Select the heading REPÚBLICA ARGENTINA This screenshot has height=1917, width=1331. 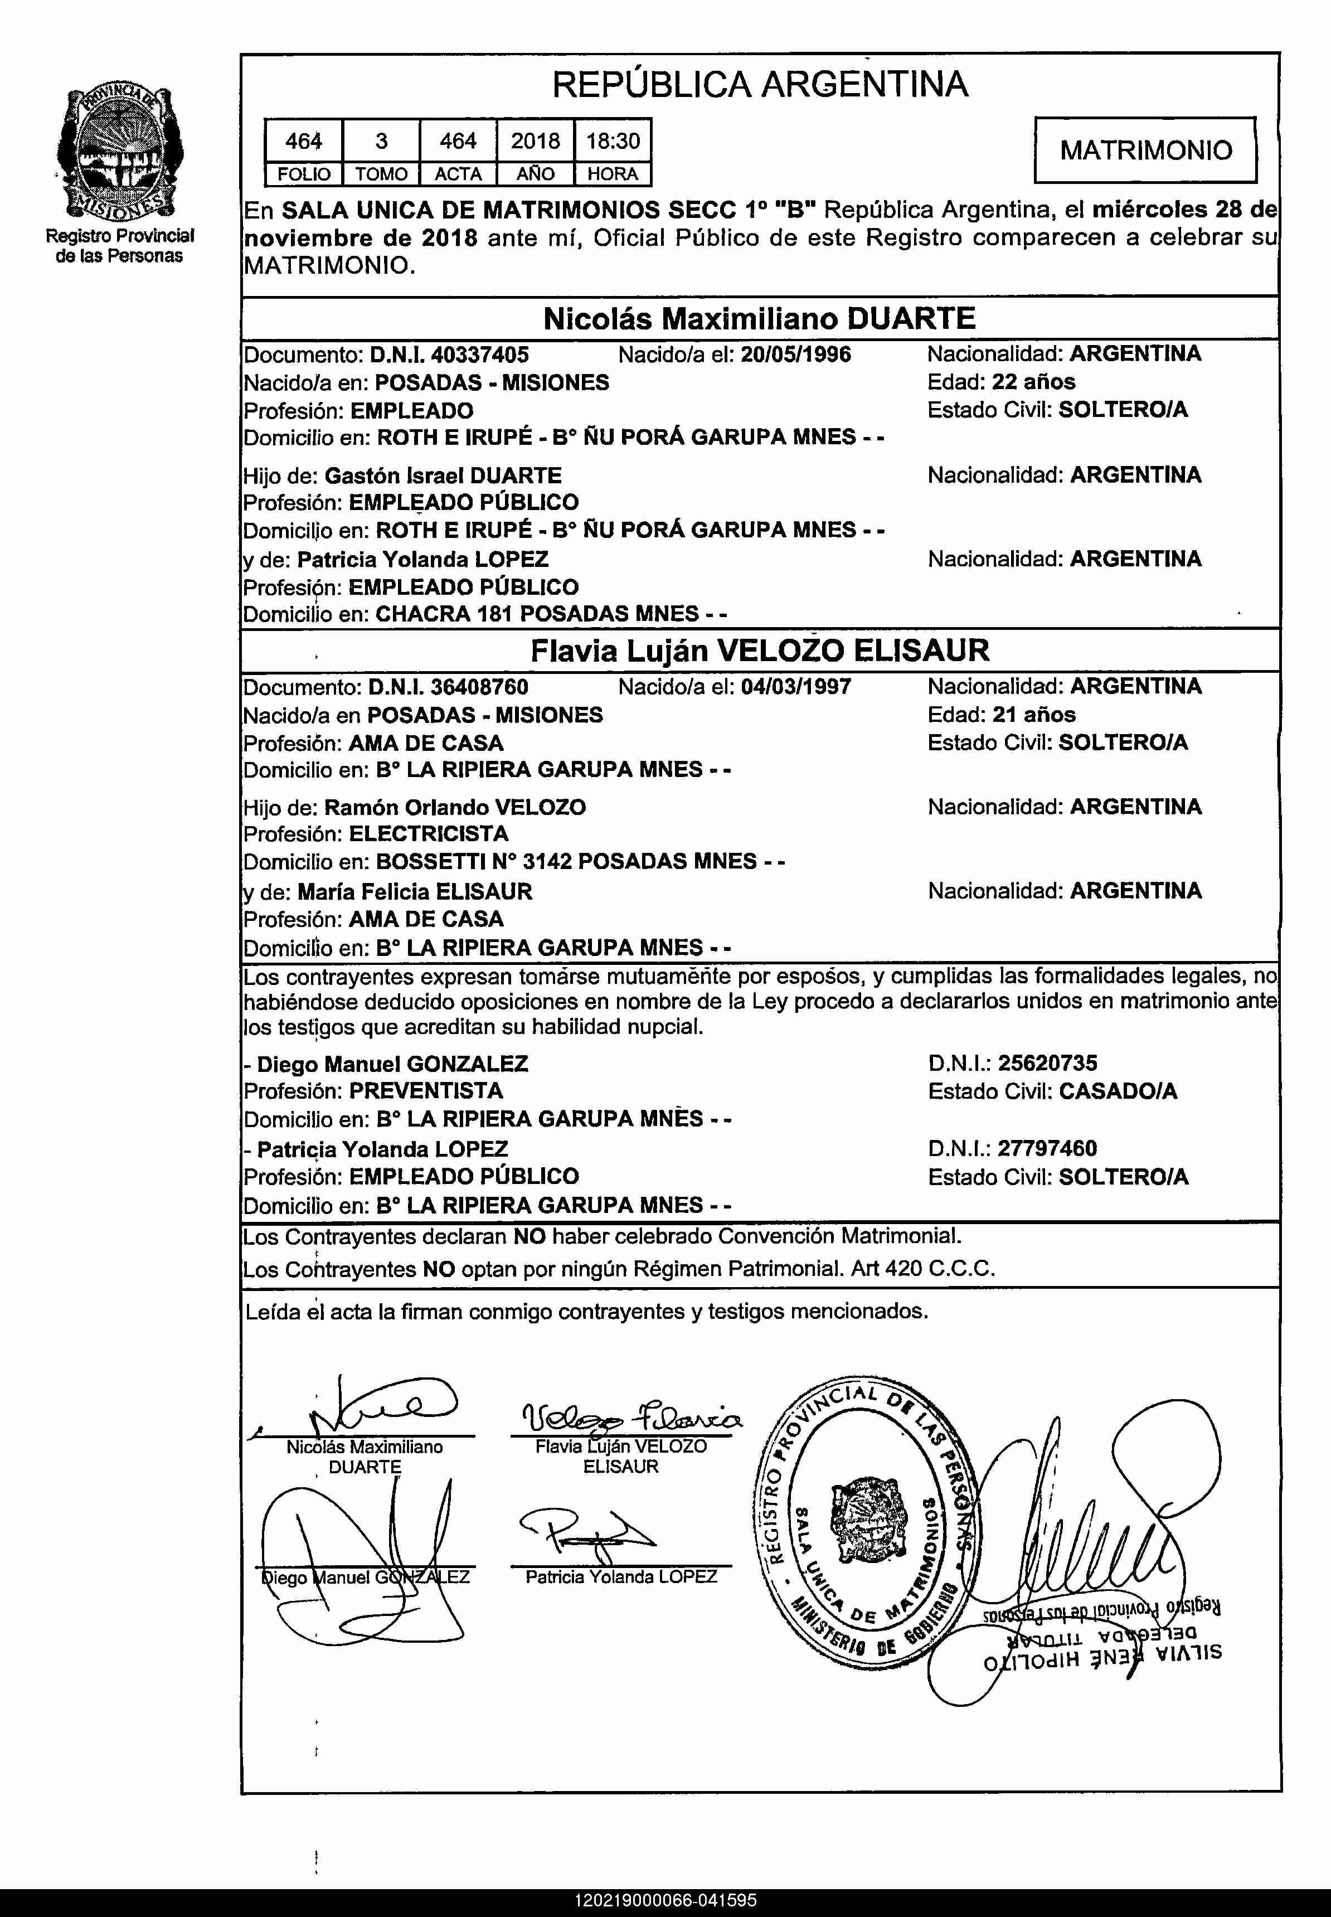click(759, 84)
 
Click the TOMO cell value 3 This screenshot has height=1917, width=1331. click(381, 141)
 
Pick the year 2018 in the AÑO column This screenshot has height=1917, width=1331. click(536, 141)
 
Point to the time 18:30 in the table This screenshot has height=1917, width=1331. click(613, 141)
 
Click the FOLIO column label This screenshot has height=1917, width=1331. click(304, 174)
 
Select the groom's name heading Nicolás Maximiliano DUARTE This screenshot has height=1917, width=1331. click(759, 318)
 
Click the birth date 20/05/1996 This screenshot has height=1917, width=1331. click(795, 355)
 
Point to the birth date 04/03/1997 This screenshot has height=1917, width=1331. click(795, 687)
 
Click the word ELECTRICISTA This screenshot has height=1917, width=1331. click(429, 834)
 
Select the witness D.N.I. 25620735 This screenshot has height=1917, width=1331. click(1047, 1063)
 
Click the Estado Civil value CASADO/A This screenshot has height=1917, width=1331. click(1118, 1091)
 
